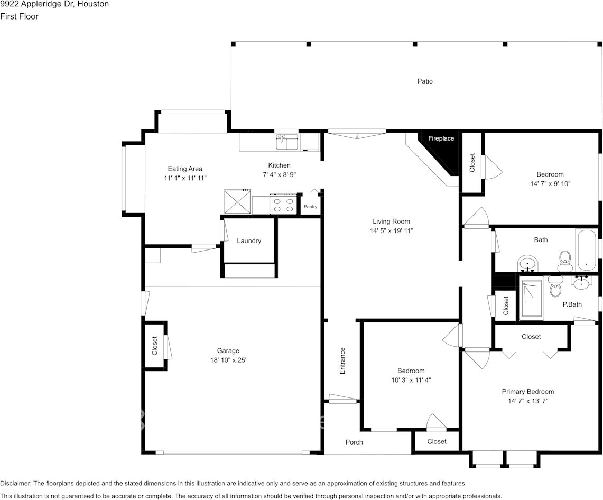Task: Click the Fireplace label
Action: click(x=441, y=138)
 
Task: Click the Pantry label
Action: click(x=310, y=207)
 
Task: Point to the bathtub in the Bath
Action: click(x=586, y=250)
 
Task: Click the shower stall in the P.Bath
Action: click(x=532, y=299)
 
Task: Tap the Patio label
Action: click(x=425, y=81)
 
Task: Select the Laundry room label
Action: click(x=248, y=241)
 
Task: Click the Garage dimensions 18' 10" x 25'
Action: click(x=228, y=360)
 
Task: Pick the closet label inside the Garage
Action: click(x=155, y=346)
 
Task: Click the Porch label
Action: click(x=354, y=442)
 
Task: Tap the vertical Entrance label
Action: click(x=342, y=361)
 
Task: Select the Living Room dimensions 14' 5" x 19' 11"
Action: click(x=391, y=231)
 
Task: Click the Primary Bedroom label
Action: click(x=527, y=392)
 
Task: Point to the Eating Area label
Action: click(x=185, y=169)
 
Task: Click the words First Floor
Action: click(x=19, y=16)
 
